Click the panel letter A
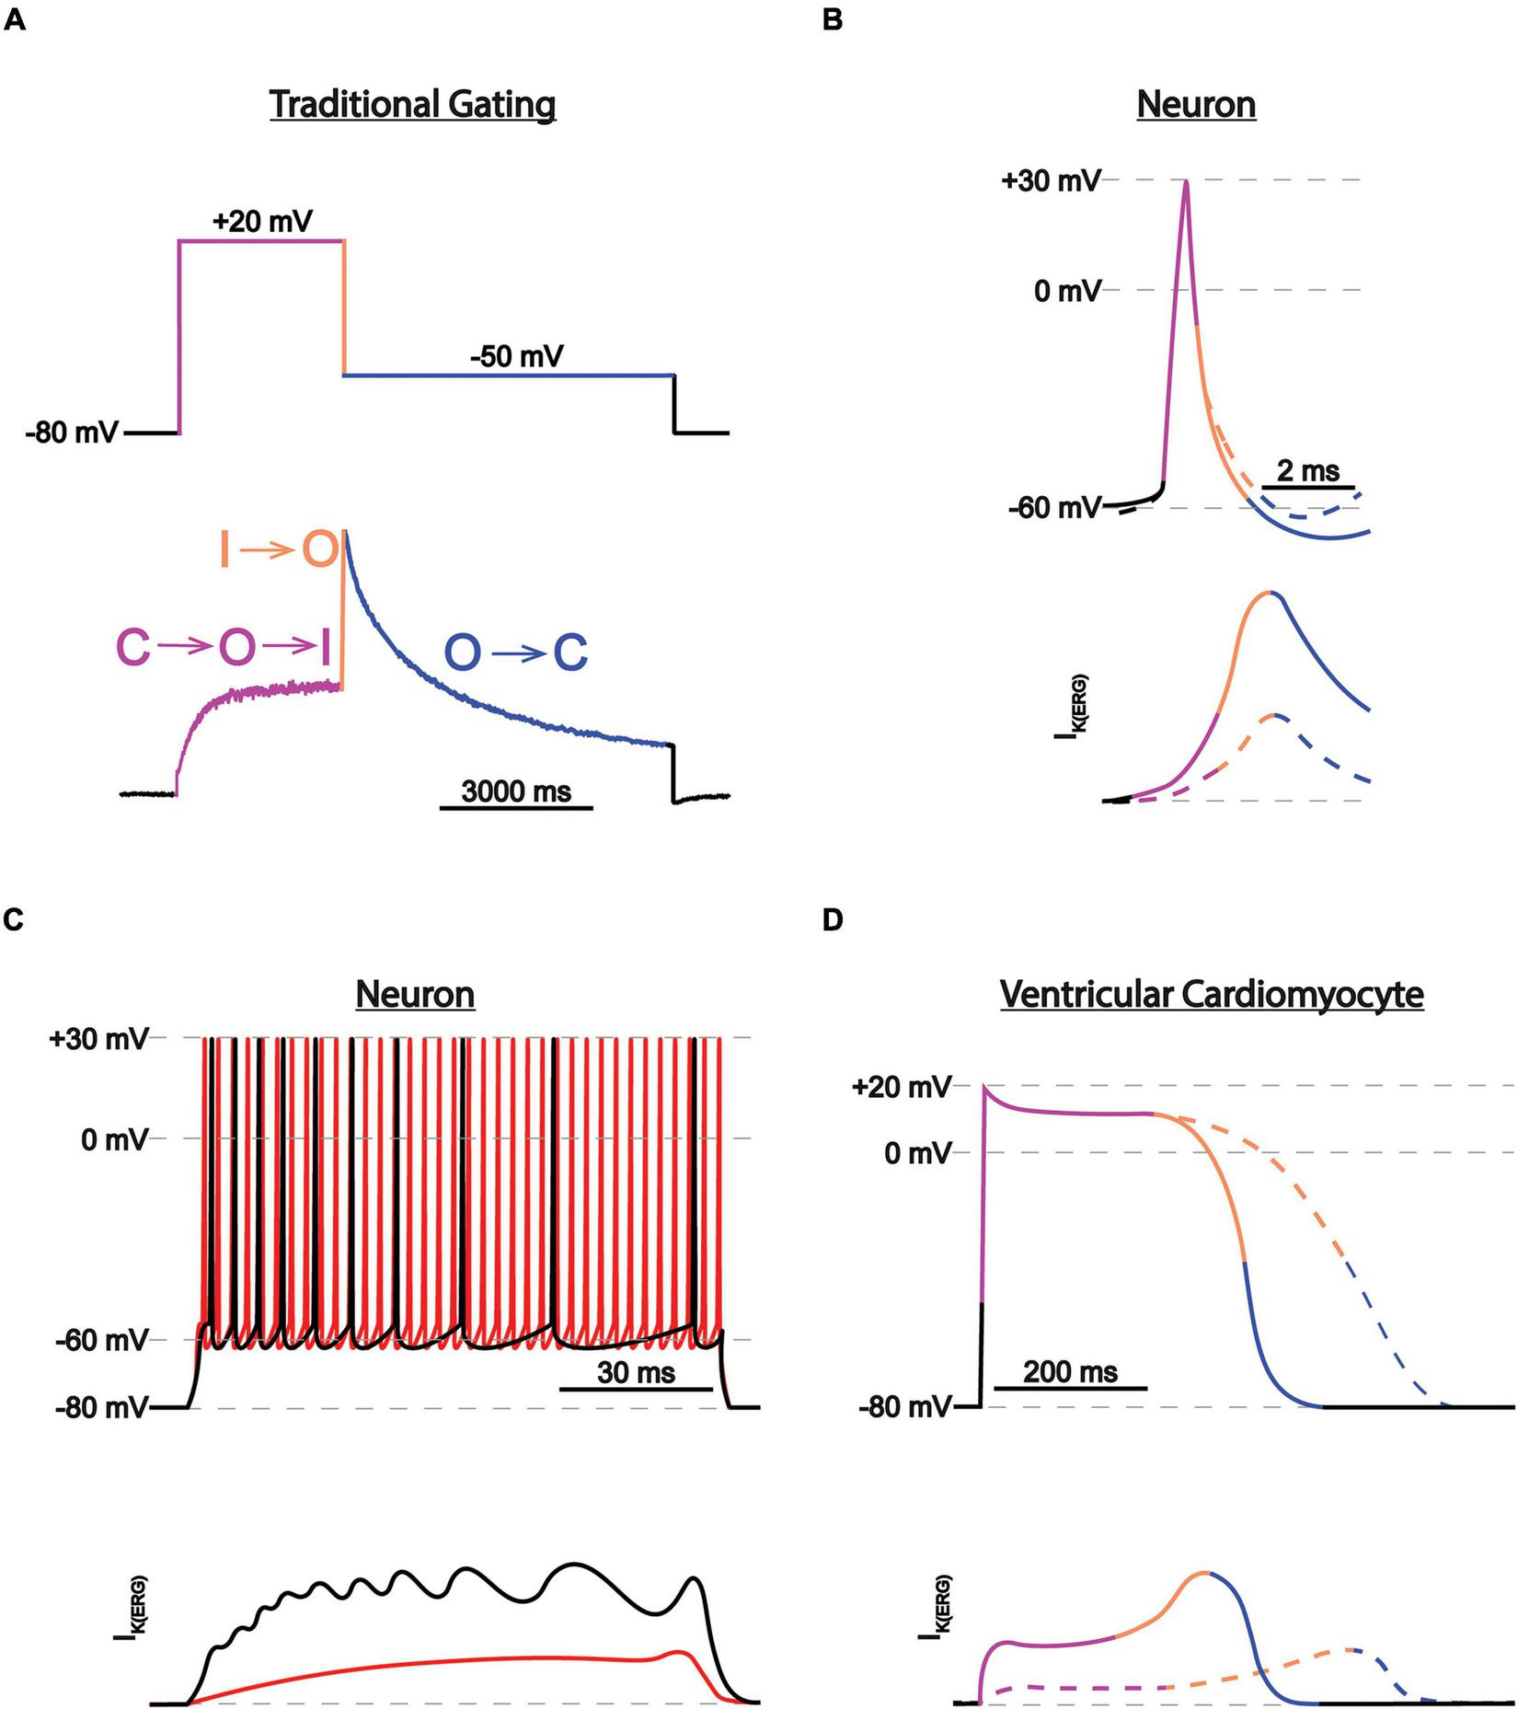15,20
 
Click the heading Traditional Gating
412,104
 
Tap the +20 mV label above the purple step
262,222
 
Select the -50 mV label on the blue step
516,356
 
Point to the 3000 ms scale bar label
516,791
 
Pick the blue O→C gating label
516,654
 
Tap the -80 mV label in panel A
72,433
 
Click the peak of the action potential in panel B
1186,181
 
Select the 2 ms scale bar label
1308,471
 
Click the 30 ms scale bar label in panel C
636,1373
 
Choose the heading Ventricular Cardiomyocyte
1212,995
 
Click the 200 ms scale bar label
1070,1372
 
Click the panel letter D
833,921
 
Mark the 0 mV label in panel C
114,1139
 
